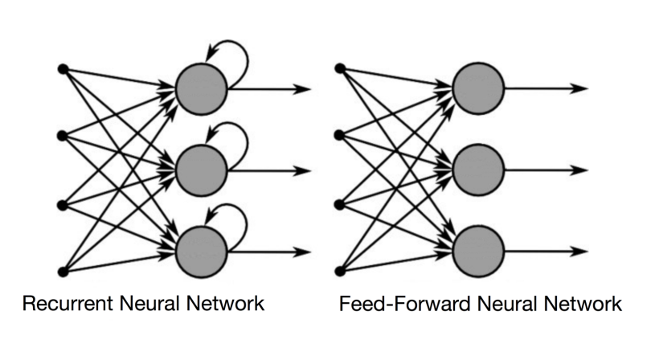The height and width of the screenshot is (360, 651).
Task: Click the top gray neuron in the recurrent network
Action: tap(201, 88)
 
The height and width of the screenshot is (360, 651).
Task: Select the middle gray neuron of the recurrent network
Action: tap(201, 170)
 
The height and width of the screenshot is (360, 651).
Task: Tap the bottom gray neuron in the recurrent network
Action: tap(201, 251)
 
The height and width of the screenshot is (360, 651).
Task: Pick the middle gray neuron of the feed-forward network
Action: tap(477, 170)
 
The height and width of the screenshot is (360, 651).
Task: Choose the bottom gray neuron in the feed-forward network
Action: tap(477, 251)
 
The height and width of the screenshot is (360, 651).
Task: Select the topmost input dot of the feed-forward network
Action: tap(341, 67)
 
